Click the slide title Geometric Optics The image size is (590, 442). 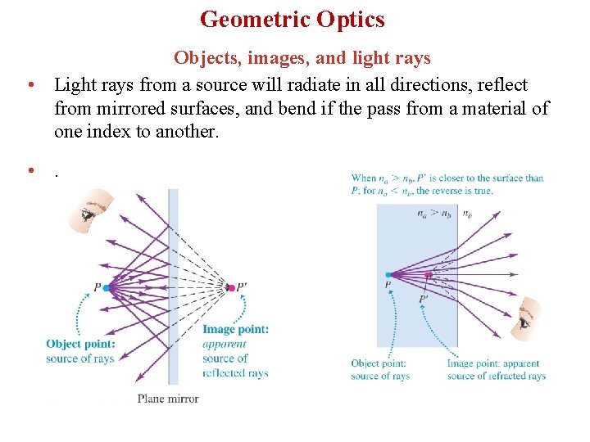(x=292, y=19)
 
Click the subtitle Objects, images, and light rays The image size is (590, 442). (x=302, y=58)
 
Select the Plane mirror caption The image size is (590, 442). (x=168, y=399)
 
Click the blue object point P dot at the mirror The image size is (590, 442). (x=107, y=288)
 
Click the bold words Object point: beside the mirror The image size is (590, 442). (x=80, y=345)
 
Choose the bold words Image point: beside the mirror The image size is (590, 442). (x=235, y=330)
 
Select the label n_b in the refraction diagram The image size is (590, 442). (x=467, y=214)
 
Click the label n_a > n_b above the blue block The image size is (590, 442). (x=433, y=214)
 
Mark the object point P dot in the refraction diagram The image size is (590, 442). (x=388, y=274)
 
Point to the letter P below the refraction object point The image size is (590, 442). (x=388, y=285)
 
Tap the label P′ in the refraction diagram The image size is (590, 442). (x=423, y=300)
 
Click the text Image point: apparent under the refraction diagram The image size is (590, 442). (x=492, y=363)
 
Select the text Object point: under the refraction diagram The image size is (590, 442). (x=378, y=363)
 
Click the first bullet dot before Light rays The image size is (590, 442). (x=29, y=85)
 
